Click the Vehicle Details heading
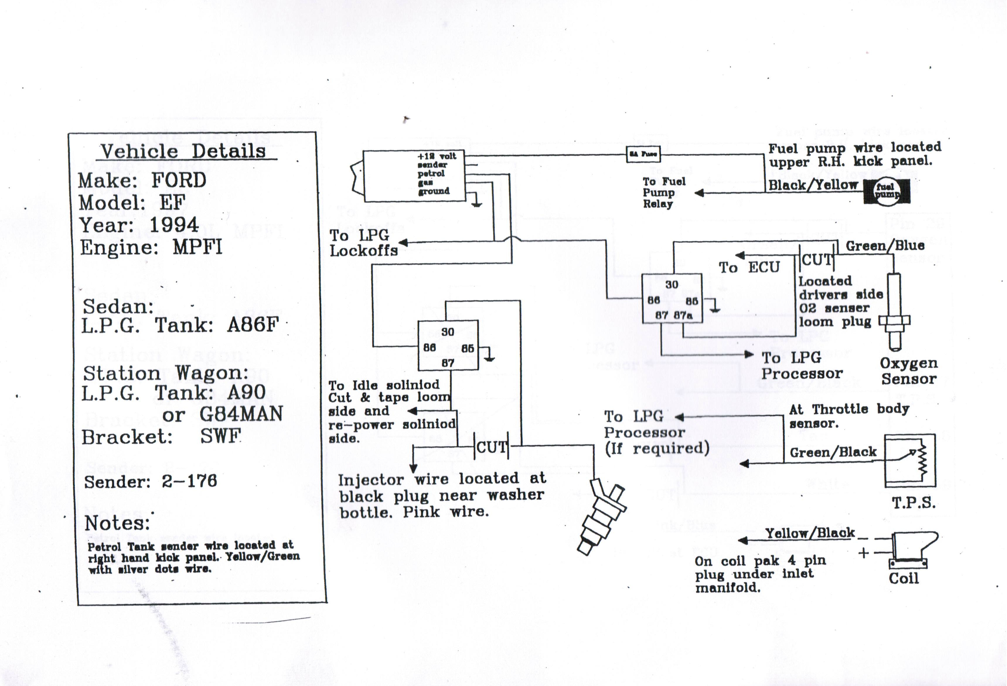coord(183,151)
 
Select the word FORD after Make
coord(178,180)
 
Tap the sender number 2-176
coord(189,481)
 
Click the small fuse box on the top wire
coord(643,154)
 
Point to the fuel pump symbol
coord(887,191)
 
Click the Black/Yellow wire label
coord(813,185)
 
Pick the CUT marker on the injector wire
coord(491,447)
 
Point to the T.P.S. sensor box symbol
coord(910,461)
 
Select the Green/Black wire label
coord(833,452)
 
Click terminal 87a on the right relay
coord(683,315)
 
